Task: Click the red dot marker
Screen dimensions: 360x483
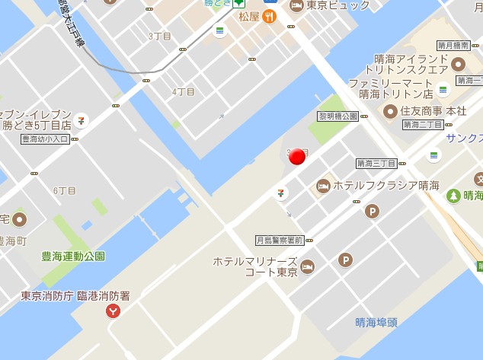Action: (298, 157)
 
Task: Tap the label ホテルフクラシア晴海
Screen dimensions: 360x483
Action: (385, 185)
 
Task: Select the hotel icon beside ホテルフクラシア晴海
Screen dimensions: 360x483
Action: (323, 185)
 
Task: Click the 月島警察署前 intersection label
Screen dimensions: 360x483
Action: (280, 240)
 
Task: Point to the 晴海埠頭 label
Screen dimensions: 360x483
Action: (376, 322)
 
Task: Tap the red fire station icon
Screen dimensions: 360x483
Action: (114, 311)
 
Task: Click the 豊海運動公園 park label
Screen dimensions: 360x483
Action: (73, 256)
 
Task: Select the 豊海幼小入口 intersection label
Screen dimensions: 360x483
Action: (45, 139)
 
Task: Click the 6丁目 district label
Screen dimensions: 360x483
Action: (65, 190)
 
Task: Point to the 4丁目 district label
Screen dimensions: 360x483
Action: (184, 92)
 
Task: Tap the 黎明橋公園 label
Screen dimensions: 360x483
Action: (338, 116)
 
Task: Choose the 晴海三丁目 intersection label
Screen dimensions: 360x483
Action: (376, 163)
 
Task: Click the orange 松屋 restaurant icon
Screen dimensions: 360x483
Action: (269, 16)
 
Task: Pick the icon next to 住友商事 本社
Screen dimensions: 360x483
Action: (390, 111)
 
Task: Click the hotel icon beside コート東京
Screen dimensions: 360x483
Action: (307, 266)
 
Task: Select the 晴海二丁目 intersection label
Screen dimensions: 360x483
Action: (423, 124)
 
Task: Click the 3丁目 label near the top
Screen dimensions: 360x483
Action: (160, 37)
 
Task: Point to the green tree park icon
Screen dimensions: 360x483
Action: (453, 196)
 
